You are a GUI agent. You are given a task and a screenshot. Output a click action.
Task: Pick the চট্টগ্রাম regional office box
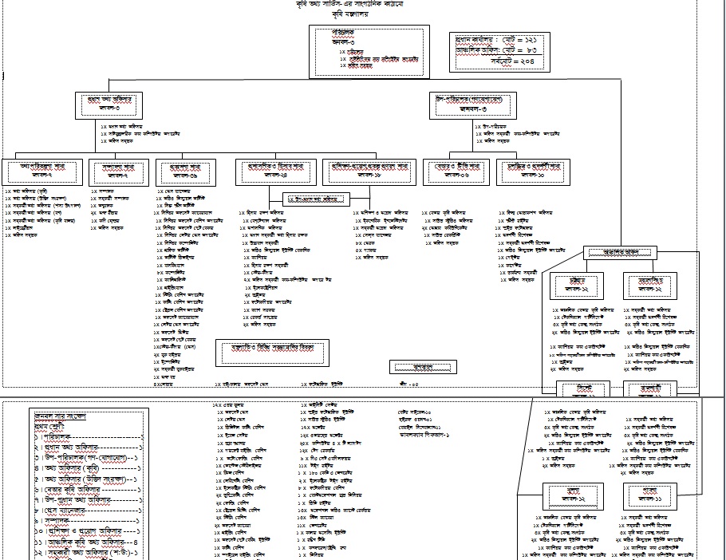tap(581, 285)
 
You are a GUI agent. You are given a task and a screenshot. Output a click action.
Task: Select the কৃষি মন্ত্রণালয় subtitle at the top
tap(362, 15)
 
